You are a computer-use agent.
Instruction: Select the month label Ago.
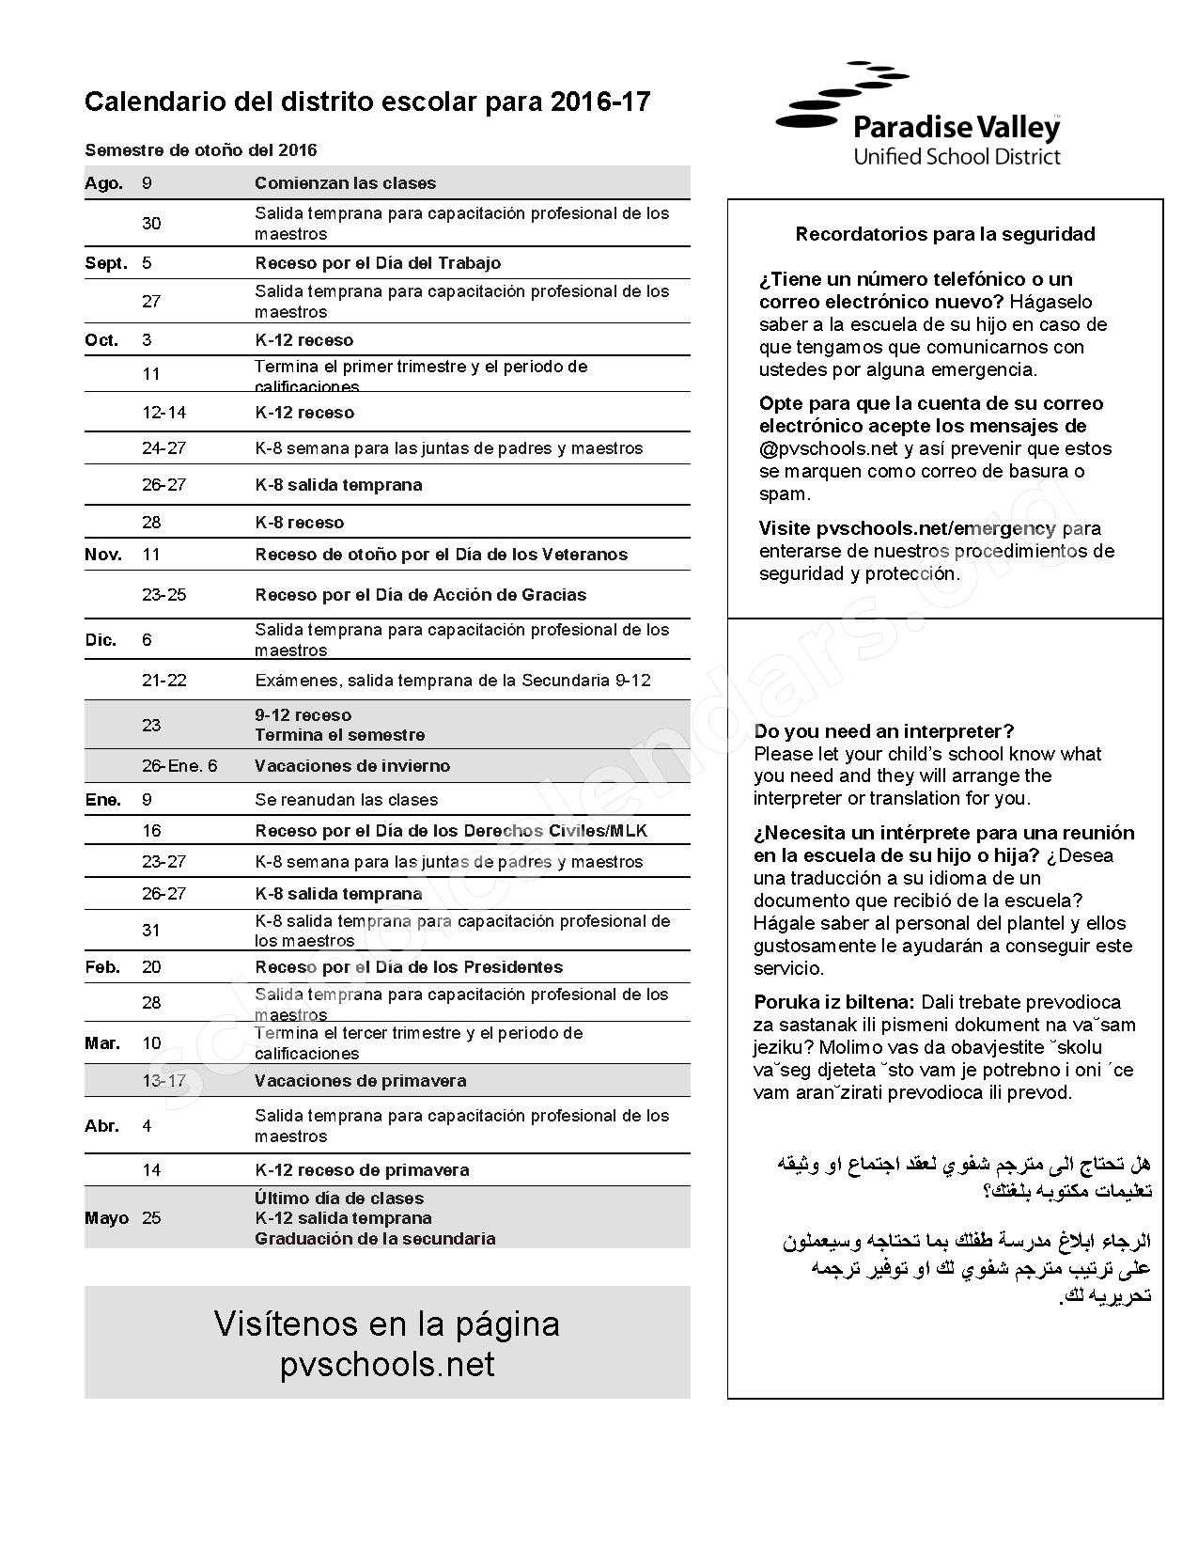coord(103,183)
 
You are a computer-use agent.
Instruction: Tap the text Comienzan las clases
coord(345,183)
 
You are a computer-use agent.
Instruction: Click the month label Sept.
coord(105,263)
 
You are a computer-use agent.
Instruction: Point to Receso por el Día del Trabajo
coord(377,263)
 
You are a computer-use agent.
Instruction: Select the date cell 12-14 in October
coord(163,413)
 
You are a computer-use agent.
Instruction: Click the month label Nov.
coord(103,555)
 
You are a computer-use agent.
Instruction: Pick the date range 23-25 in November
coord(163,595)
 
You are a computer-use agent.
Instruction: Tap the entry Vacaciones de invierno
coord(351,766)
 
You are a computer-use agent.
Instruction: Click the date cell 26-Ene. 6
coord(179,766)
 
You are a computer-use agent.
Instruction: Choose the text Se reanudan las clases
coord(346,800)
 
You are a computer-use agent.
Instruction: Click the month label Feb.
coord(102,967)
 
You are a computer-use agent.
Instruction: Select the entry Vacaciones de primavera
coord(360,1081)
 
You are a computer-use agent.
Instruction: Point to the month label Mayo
coord(106,1218)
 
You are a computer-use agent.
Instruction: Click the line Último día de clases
coord(338,1198)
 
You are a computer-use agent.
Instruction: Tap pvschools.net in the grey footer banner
coord(386,1365)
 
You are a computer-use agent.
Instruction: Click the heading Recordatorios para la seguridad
coord(944,234)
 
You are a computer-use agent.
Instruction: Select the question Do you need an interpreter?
coord(883,731)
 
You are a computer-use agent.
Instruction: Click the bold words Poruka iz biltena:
coord(833,1002)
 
